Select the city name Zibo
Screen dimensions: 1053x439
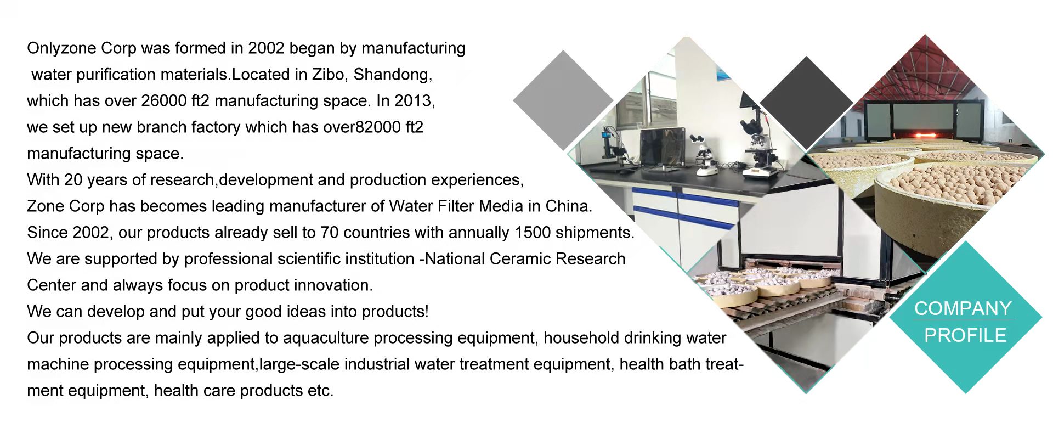(x=328, y=75)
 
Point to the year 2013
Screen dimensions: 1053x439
(x=414, y=102)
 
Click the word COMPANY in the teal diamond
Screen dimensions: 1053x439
(x=963, y=308)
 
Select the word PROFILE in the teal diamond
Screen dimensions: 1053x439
(x=965, y=335)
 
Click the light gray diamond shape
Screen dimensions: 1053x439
(x=563, y=100)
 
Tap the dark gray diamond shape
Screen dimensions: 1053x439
(x=806, y=103)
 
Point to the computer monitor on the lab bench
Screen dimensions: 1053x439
(x=663, y=148)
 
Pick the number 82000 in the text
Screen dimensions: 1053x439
(x=378, y=127)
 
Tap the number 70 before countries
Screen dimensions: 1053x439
(x=329, y=233)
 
